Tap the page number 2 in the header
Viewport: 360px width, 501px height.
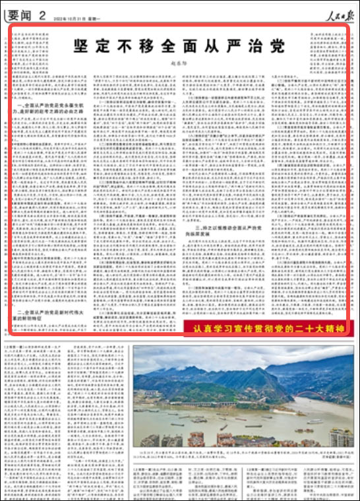[x=42, y=14]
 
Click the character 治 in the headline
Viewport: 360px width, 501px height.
[x=249, y=46]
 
